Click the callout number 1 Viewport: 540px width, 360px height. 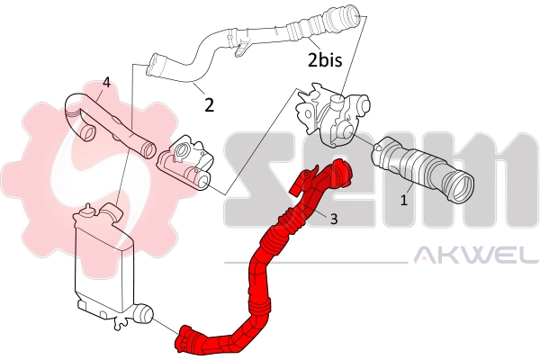(404, 200)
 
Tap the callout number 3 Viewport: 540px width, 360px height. (333, 219)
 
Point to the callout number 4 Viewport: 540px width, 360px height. (106, 82)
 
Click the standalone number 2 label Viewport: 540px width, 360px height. (209, 104)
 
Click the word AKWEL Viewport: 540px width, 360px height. (473, 258)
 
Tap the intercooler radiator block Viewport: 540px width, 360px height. (99, 261)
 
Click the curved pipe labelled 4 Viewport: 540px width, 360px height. (117, 126)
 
